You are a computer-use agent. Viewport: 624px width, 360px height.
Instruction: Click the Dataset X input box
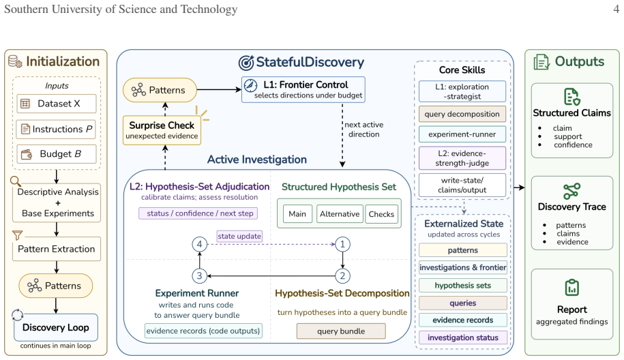(x=57, y=104)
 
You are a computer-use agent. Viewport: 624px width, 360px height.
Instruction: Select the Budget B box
(x=57, y=154)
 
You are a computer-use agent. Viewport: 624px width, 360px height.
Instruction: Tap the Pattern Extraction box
(x=57, y=249)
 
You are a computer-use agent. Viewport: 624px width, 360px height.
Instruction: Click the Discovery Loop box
(x=56, y=327)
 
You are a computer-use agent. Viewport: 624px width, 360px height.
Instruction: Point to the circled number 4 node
(x=199, y=244)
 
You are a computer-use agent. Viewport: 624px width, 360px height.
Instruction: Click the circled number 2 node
(x=342, y=275)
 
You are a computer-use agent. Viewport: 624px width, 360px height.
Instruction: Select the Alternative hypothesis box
(x=340, y=214)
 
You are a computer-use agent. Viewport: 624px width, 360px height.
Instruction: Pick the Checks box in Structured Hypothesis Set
(x=381, y=214)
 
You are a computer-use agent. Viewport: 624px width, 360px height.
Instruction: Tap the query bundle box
(x=341, y=331)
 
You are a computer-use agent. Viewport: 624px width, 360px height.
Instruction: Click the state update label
(x=239, y=237)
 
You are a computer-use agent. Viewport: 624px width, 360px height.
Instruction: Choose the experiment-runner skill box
(x=462, y=134)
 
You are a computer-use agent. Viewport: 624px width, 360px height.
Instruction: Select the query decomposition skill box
(x=462, y=114)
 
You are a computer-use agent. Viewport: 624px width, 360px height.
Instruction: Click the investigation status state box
(x=463, y=337)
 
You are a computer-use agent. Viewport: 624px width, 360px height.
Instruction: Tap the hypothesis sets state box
(x=463, y=286)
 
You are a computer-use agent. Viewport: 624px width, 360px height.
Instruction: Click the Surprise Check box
(x=162, y=130)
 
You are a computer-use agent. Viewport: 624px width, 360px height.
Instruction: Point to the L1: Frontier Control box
(x=303, y=89)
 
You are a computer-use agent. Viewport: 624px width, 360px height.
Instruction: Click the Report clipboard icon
(x=572, y=288)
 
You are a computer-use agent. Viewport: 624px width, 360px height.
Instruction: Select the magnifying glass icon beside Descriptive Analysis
(x=16, y=181)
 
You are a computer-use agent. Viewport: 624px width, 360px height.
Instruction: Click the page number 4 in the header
(x=616, y=9)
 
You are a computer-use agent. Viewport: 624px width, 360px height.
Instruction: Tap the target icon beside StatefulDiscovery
(x=246, y=63)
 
